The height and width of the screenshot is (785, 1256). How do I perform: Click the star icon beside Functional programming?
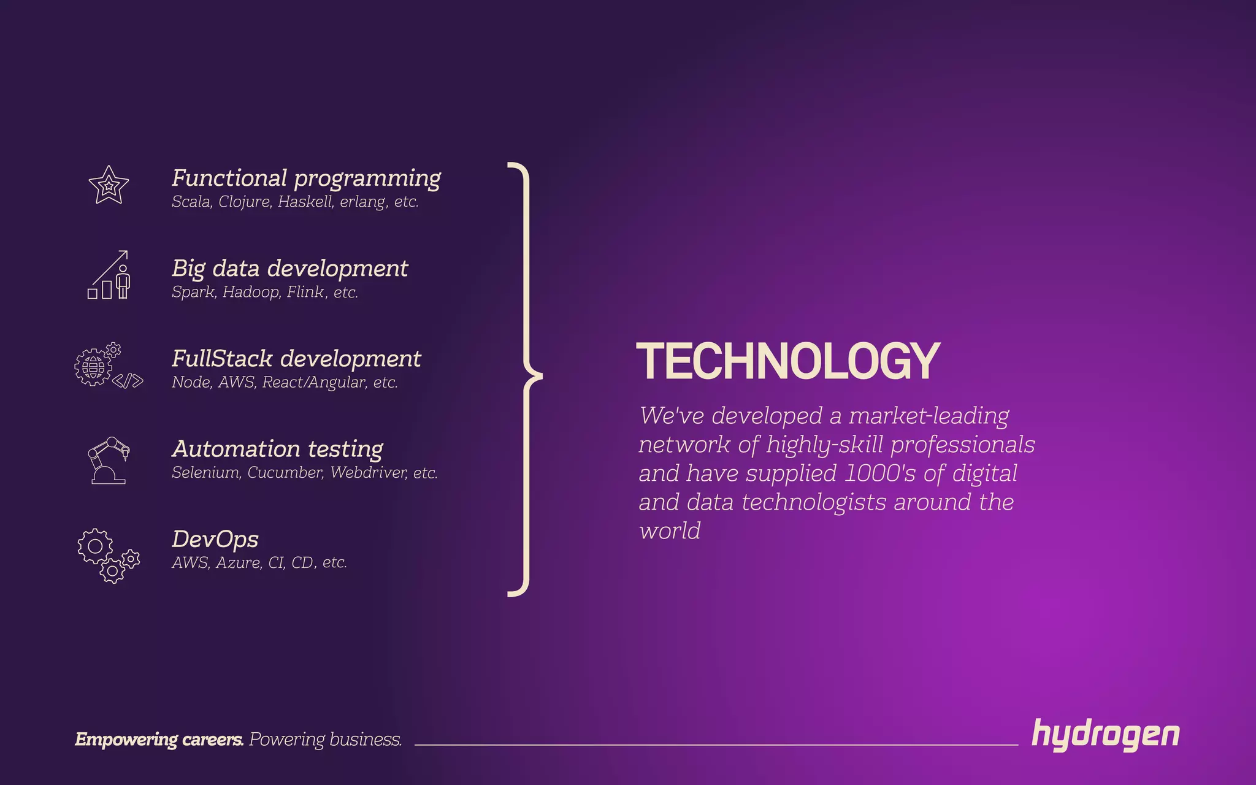(x=109, y=185)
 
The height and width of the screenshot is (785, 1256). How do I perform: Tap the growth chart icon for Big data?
(x=109, y=275)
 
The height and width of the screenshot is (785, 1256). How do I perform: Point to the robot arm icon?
(x=109, y=460)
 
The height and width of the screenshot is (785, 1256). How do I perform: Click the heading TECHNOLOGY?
(x=788, y=362)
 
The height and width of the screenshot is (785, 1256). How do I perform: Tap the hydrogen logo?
(x=1105, y=735)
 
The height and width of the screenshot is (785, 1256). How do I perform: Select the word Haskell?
(x=305, y=202)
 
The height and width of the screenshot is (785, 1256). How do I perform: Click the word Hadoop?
(x=251, y=292)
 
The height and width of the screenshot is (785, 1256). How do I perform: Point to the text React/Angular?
(x=314, y=382)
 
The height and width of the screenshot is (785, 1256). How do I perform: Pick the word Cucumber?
(x=285, y=473)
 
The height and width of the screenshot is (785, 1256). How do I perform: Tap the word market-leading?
(x=929, y=416)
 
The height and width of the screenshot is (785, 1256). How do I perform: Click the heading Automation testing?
(x=277, y=449)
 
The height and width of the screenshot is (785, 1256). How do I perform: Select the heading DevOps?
(x=215, y=539)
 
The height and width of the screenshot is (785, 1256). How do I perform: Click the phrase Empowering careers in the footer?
(x=159, y=740)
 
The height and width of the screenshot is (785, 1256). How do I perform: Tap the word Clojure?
(x=245, y=202)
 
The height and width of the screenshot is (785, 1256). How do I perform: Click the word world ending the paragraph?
(x=669, y=531)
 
